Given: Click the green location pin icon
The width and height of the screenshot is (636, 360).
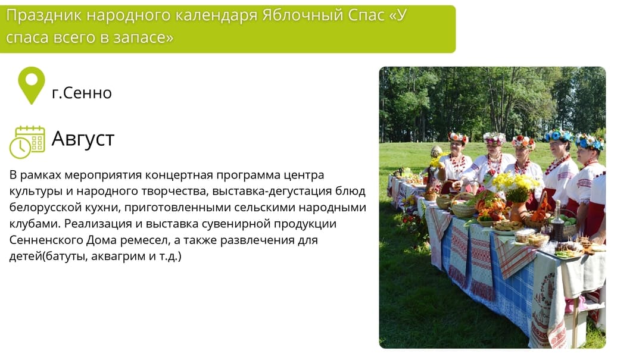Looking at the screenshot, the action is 31,84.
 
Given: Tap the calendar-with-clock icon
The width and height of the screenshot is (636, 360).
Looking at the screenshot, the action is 27,142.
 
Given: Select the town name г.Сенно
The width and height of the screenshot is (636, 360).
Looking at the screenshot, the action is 82,93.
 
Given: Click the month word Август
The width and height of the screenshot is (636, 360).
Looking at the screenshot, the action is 83,139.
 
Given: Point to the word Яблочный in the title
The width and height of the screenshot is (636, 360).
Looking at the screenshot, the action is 302,15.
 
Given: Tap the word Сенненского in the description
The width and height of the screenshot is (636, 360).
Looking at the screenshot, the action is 46,240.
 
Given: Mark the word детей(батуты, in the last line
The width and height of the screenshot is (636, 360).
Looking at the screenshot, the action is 48,256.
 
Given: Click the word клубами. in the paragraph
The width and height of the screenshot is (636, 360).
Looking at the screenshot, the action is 35,223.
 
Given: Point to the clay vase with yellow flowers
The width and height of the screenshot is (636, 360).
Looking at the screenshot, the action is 517,211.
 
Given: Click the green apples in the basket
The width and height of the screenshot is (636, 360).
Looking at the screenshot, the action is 568,220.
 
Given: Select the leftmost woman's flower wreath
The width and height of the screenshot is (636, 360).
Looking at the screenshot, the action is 458,137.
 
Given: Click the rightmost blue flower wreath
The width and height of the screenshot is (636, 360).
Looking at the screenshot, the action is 590,142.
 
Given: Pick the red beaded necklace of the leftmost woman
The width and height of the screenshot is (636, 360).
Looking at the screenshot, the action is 458,162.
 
